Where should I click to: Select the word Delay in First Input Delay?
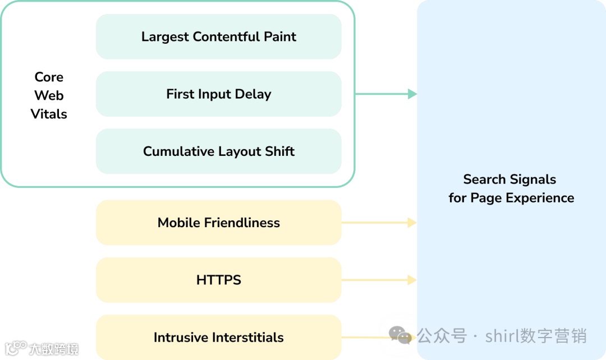point(253,94)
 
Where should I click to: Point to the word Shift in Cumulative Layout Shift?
point(279,151)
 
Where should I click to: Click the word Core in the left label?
point(49,77)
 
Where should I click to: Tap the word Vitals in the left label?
point(49,114)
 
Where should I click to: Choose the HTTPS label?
point(219,280)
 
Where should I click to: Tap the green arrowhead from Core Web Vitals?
point(412,94)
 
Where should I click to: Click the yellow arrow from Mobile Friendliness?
point(379,223)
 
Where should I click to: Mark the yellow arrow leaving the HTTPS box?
point(379,280)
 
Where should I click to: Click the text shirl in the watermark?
point(501,336)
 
